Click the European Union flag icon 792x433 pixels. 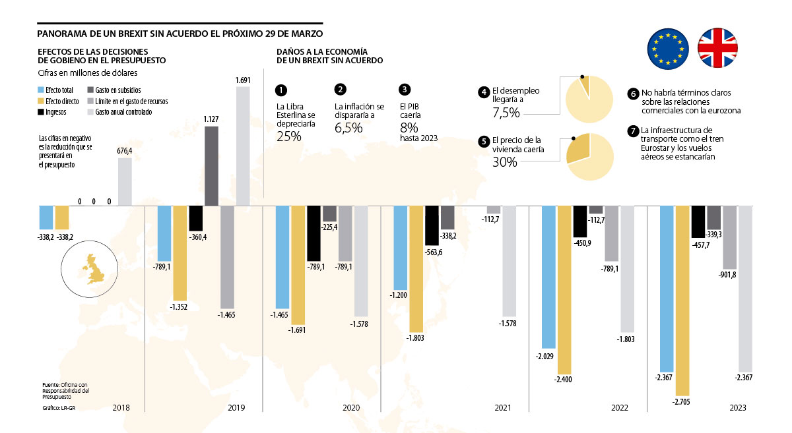pos(668,48)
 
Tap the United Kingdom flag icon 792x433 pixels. pos(719,48)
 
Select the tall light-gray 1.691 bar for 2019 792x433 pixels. pos(243,146)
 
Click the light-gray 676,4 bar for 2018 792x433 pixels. pos(125,181)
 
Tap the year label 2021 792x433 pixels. pos(503,409)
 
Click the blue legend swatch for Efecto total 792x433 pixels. pos(41,90)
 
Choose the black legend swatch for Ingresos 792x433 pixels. pos(41,113)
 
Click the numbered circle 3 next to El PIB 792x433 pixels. pos(405,90)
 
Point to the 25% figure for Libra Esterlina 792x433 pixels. pos(288,136)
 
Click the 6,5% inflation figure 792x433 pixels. pos(348,128)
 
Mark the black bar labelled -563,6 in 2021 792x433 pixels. pos(432,225)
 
